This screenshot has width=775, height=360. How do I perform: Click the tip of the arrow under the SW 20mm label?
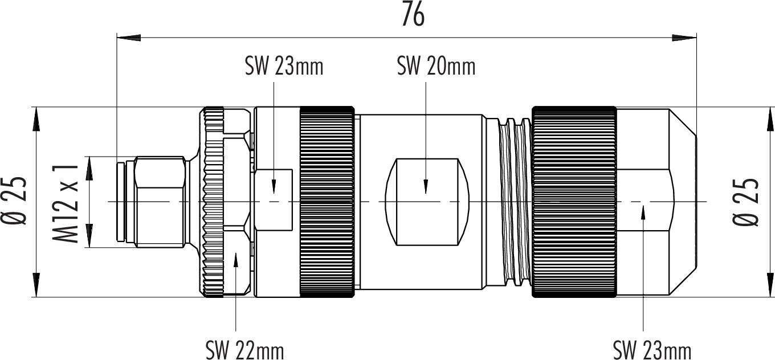426,193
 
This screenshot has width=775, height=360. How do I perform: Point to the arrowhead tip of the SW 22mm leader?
236,253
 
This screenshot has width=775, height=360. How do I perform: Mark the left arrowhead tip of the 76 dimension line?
117,38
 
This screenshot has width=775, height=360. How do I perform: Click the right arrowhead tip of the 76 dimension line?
696,38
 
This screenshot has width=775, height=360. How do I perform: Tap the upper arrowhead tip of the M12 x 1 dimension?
89,157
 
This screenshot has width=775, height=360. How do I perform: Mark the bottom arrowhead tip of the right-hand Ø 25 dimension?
770,297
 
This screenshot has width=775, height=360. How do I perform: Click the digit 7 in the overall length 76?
407,15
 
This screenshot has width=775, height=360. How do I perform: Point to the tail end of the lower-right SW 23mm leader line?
643,332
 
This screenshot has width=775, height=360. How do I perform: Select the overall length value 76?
413,15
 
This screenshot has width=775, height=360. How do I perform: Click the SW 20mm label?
436,67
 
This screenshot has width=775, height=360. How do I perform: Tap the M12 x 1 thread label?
65,203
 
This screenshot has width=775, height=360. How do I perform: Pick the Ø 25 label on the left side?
14,201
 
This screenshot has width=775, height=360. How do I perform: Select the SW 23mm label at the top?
284,67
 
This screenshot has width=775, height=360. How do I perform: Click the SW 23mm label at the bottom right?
652,350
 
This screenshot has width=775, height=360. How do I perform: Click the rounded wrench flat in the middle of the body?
427,202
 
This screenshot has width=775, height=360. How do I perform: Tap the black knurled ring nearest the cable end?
574,202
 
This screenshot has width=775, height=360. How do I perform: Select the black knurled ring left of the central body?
327,202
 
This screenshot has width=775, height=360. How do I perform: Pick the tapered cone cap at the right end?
656,202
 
